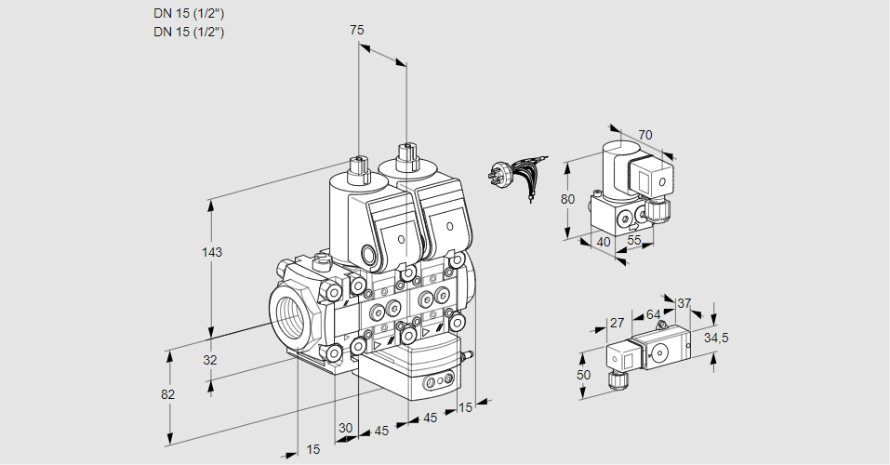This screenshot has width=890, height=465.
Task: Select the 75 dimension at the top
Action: [x=356, y=31]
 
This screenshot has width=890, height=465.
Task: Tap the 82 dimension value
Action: [x=168, y=394]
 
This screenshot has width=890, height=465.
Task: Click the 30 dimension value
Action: [x=346, y=428]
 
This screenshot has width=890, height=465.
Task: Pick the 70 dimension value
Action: [x=645, y=135]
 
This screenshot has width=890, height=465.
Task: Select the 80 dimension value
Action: [x=568, y=199]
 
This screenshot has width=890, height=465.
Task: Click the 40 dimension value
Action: [x=603, y=241]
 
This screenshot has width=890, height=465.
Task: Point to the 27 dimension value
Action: [x=617, y=323]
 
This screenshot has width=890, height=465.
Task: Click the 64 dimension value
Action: [x=653, y=315]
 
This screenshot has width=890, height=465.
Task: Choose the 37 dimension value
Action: [x=684, y=303]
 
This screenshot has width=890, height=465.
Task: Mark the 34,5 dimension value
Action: [x=716, y=338]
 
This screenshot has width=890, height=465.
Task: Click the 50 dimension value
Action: [x=583, y=374]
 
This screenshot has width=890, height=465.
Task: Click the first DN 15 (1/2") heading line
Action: [x=189, y=13]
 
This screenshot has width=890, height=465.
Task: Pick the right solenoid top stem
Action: [x=405, y=156]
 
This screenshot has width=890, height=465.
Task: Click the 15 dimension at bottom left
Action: [x=313, y=449]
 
